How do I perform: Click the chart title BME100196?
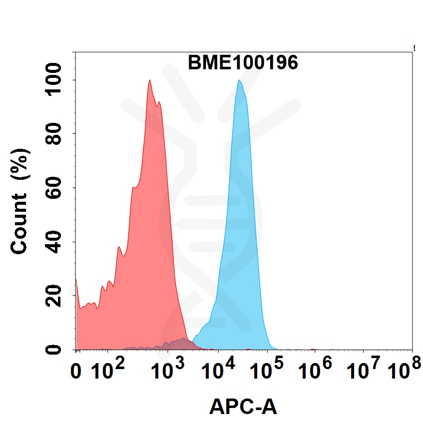tap(243, 63)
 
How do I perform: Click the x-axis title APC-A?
tap(243, 407)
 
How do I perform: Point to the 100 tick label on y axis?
tap(53, 80)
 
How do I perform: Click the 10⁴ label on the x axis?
tap(218, 371)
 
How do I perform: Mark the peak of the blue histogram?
tap(240, 81)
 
